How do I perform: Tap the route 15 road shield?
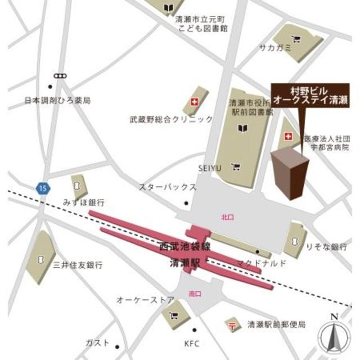point(44,187)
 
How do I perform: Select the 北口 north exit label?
point(227,216)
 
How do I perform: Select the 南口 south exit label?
point(195,292)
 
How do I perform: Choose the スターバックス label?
point(168,187)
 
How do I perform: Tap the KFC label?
point(192,343)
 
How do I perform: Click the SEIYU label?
point(210,167)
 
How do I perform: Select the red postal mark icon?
point(231,325)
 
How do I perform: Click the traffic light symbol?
point(60,75)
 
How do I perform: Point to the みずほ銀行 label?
point(84,202)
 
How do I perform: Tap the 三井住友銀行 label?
point(78,264)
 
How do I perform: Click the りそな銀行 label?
point(326,246)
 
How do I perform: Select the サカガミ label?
point(275,48)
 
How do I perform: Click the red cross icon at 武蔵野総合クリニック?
point(195,102)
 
